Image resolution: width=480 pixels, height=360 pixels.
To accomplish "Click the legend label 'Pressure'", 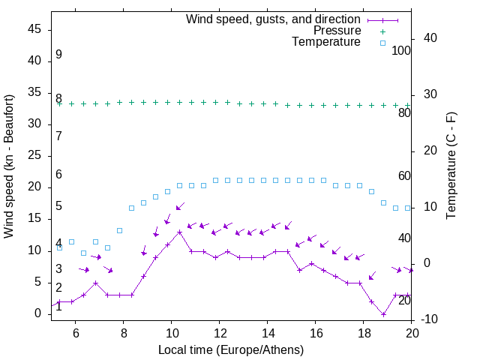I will click(x=337, y=31).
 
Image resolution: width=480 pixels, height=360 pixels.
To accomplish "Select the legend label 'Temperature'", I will click(x=326, y=42).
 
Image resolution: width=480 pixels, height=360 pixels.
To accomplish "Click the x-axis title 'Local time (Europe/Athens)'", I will click(x=231, y=350).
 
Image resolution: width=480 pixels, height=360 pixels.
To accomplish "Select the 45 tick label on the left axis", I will click(x=35, y=29).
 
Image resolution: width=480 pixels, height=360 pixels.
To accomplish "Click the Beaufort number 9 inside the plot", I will click(x=58, y=55).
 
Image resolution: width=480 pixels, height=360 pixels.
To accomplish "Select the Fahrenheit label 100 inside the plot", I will click(x=402, y=50).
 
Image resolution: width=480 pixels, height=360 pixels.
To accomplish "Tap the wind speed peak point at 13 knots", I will click(x=179, y=232).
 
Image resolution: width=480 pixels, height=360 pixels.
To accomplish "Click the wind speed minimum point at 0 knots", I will click(x=383, y=314).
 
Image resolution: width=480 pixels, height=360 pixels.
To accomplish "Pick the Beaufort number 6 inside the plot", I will click(x=58, y=174).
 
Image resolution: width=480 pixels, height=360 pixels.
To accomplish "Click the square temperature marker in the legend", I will click(x=382, y=43).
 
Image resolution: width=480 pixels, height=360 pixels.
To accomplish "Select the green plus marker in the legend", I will click(x=382, y=31).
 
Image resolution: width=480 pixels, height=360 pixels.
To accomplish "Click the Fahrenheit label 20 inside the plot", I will click(x=404, y=300).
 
